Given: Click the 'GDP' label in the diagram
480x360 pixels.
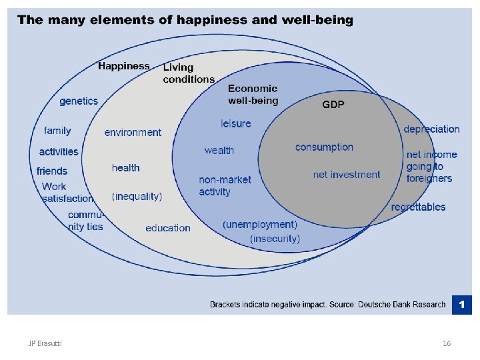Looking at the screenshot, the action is click(333, 105).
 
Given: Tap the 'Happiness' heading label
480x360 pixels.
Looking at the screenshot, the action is click(124, 66).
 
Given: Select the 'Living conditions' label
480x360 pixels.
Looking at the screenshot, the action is click(189, 73).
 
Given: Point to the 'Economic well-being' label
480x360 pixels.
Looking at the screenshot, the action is click(253, 94).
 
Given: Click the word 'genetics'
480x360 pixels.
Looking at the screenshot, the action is click(79, 101).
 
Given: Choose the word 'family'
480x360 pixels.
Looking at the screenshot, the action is click(57, 131).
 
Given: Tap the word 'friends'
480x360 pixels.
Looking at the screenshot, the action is click(52, 171).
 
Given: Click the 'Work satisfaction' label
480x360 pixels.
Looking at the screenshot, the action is click(67, 193).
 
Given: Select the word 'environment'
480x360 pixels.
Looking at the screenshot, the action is click(133, 133).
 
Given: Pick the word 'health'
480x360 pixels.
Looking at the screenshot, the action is click(126, 168).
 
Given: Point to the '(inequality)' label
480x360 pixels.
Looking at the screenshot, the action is click(137, 196).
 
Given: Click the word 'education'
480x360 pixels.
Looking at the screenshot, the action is click(168, 228).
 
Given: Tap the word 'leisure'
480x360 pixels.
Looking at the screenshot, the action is click(236, 123).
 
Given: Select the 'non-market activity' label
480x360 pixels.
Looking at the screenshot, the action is click(224, 186).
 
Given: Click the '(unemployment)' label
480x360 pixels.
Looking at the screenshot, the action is click(260, 225).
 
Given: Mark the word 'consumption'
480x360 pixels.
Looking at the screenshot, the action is click(324, 147).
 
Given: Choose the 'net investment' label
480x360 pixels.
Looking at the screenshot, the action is click(347, 175).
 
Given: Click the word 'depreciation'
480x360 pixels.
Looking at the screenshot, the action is click(431, 129).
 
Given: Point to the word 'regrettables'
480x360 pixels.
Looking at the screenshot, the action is click(418, 207).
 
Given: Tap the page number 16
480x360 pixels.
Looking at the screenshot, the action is click(447, 343).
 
